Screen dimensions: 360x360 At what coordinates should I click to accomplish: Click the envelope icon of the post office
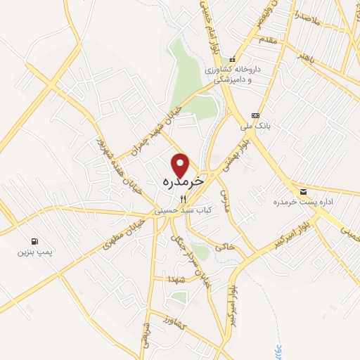click(303, 192)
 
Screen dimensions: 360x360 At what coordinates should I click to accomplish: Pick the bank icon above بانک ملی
click(255, 116)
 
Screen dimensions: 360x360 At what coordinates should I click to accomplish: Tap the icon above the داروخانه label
click(233, 59)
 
